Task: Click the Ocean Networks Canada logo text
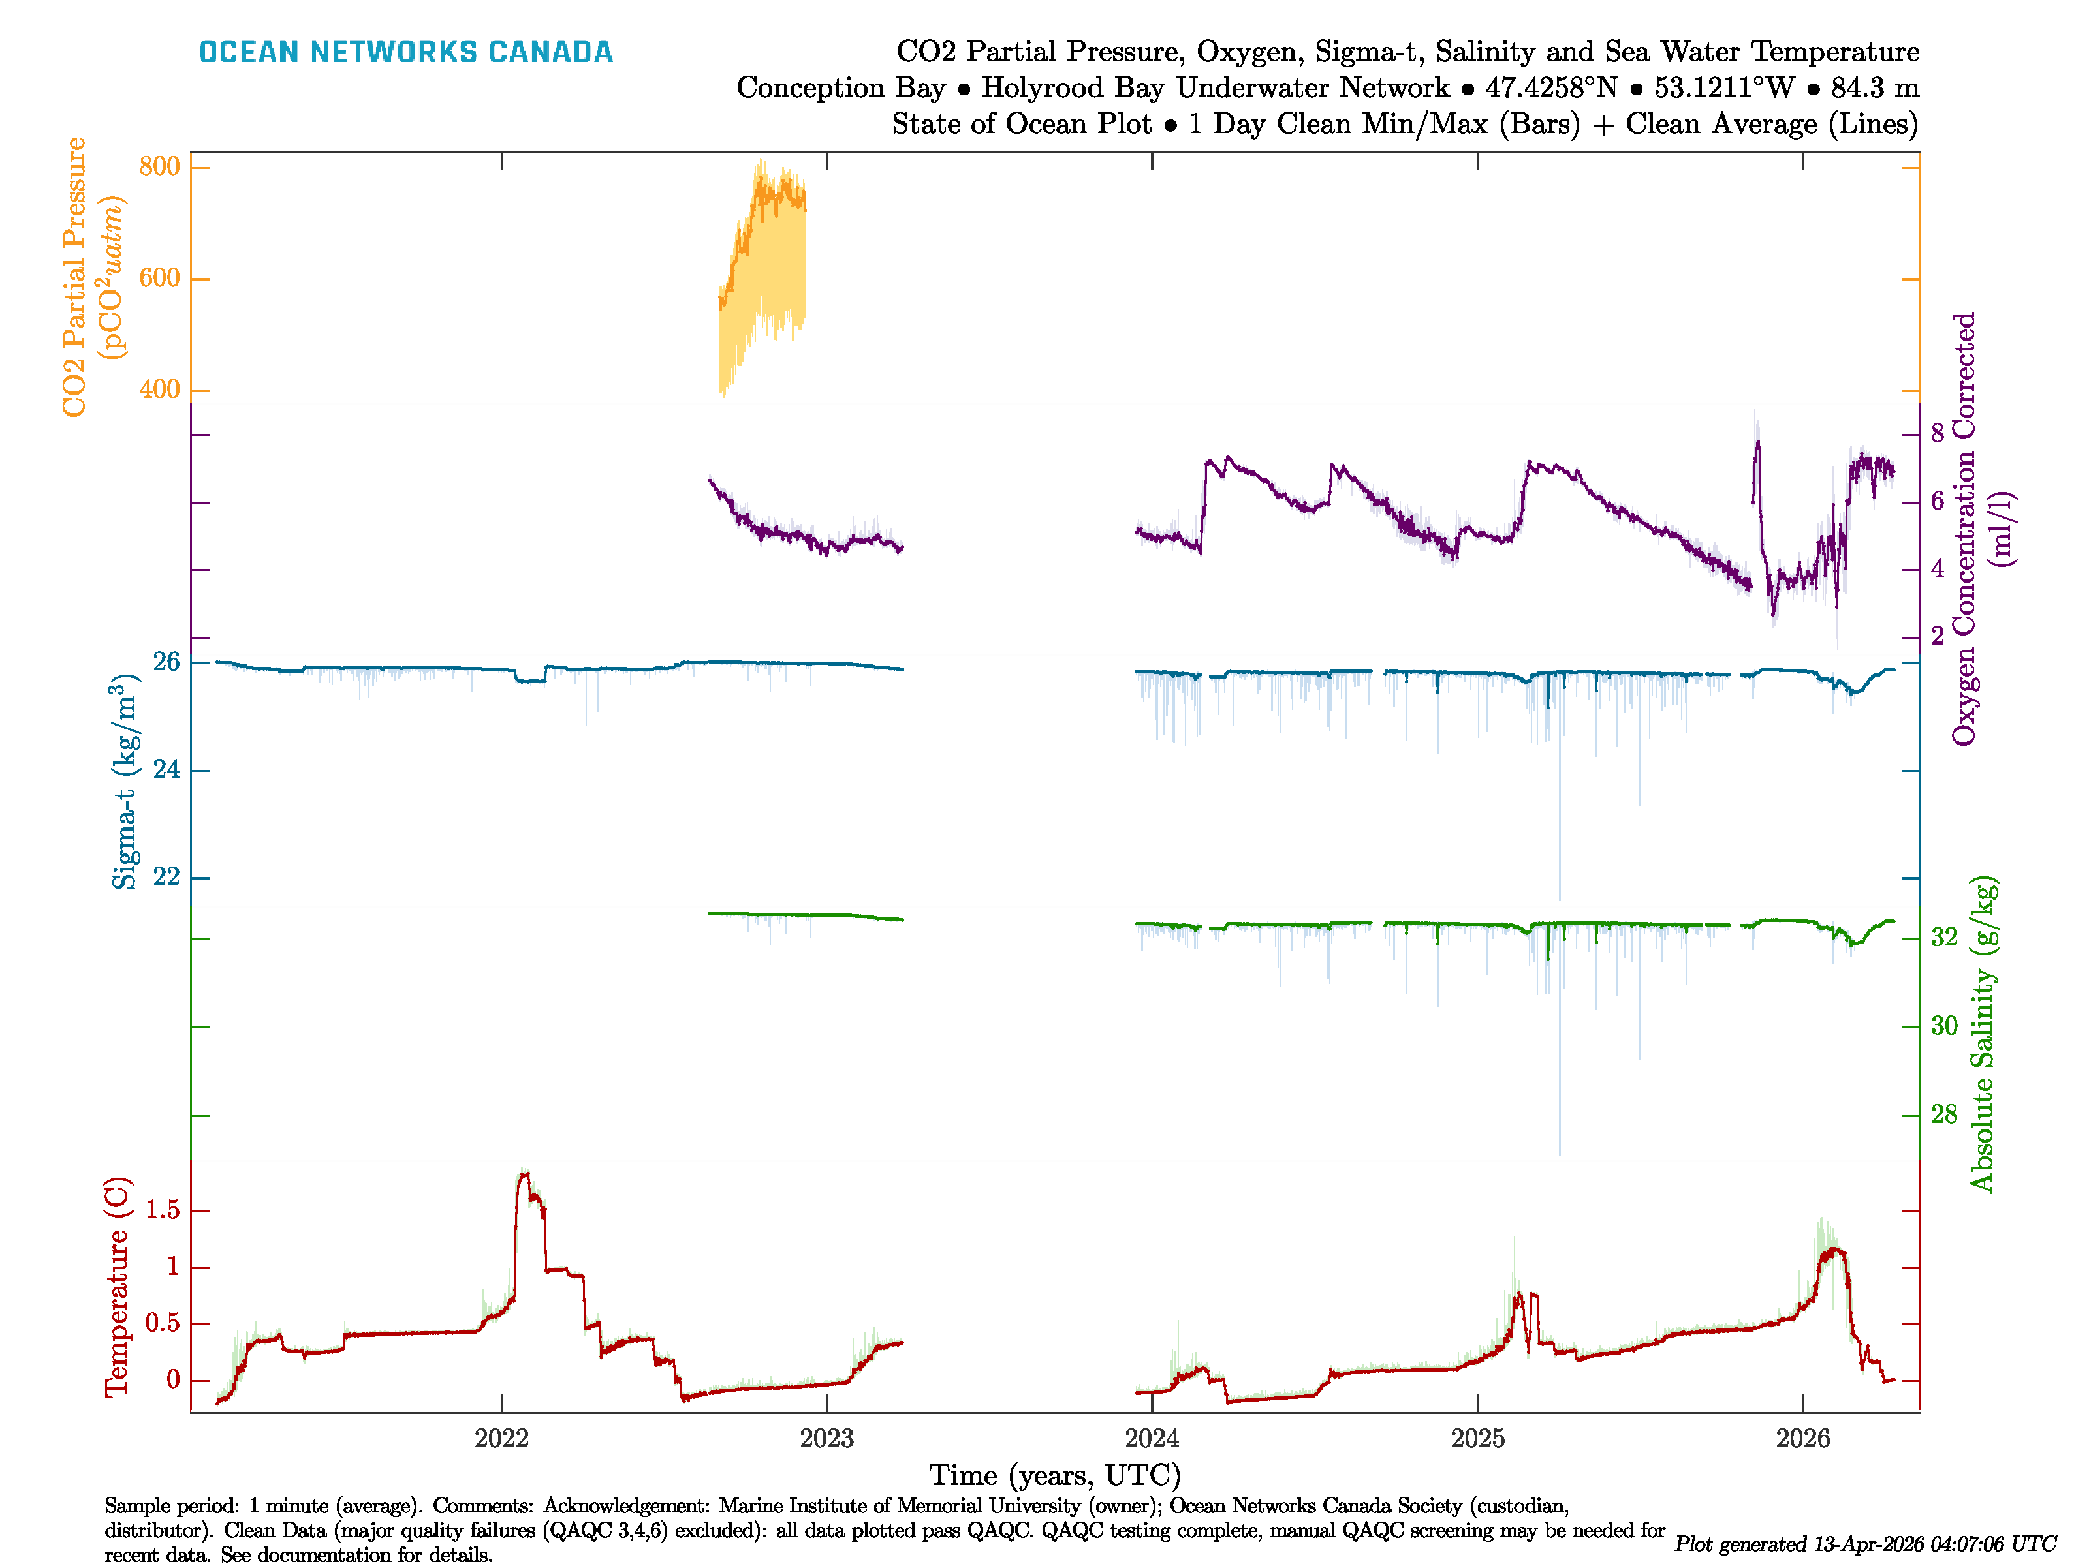click(x=405, y=52)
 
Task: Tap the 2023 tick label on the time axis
click(x=826, y=1439)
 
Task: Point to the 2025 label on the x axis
click(x=1477, y=1439)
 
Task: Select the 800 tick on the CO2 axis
click(x=159, y=166)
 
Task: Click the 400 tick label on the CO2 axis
click(x=159, y=389)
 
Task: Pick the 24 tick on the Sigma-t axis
click(x=166, y=769)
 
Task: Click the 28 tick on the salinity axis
click(x=1943, y=1114)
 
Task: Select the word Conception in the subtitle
click(x=841, y=88)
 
